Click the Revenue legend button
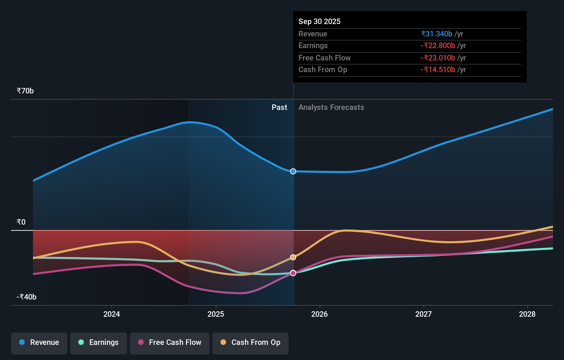[x=39, y=343]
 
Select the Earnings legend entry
[x=99, y=343]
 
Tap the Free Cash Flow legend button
[x=170, y=343]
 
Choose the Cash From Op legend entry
[x=250, y=343]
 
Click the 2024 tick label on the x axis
[x=112, y=314]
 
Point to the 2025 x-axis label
[x=216, y=314]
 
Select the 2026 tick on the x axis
[x=319, y=314]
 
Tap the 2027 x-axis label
[x=424, y=314]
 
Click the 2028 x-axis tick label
[x=527, y=314]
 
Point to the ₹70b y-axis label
[x=25, y=91]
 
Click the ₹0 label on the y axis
[x=21, y=222]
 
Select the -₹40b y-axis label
[x=26, y=297]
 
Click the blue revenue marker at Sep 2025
[x=293, y=171]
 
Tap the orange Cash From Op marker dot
[x=293, y=257]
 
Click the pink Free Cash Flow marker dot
[x=293, y=273]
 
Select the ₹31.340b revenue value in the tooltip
[x=437, y=34]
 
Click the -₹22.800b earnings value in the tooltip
[x=438, y=46]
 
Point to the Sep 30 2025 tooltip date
[x=319, y=22]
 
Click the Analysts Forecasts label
[x=331, y=108]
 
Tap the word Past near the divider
[x=279, y=108]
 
